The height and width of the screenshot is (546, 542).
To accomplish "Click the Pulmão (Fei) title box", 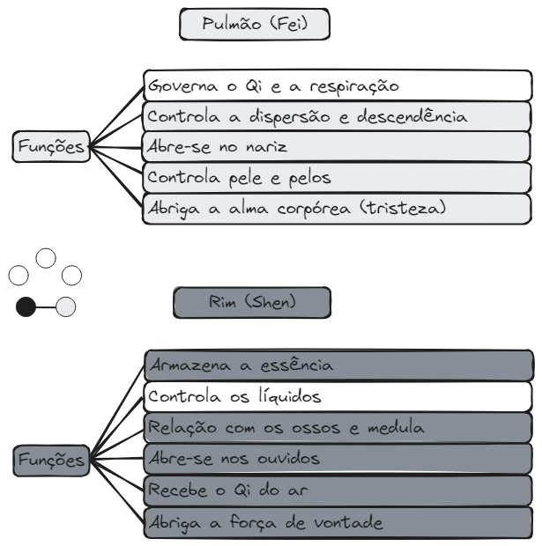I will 255,25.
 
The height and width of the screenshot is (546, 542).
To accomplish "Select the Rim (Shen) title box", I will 252,303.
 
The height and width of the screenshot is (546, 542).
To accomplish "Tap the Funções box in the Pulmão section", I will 52,147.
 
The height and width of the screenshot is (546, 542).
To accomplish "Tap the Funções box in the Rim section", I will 52,460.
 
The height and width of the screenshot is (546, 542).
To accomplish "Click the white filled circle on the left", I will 66,306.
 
